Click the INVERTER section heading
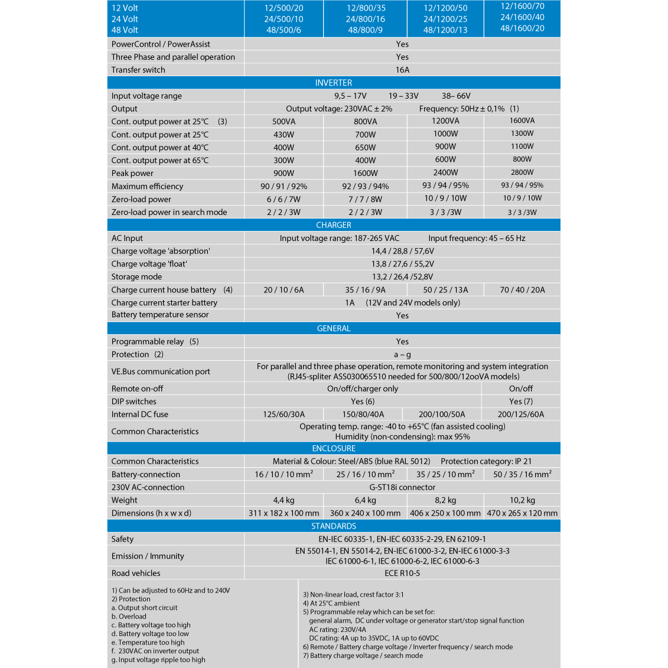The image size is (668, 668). click(x=334, y=83)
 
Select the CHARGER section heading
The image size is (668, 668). click(x=334, y=225)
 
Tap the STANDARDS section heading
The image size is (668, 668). click(x=334, y=526)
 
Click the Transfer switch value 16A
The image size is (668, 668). click(x=402, y=70)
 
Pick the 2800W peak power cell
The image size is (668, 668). click(x=522, y=172)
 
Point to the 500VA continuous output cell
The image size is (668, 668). click(x=284, y=122)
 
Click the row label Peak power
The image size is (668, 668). click(x=132, y=173)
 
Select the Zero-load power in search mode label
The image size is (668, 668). click(x=169, y=212)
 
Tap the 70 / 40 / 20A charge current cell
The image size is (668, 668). click(x=522, y=289)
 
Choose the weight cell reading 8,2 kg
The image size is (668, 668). click(x=445, y=500)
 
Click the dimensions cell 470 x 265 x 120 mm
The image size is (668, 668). click(x=522, y=513)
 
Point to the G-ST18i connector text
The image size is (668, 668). click(x=402, y=487)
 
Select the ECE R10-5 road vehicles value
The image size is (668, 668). click(x=402, y=573)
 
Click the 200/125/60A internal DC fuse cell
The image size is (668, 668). click(x=521, y=414)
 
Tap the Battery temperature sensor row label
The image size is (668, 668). click(x=160, y=315)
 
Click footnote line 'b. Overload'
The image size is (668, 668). click(x=129, y=616)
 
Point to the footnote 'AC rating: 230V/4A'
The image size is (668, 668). click(x=337, y=630)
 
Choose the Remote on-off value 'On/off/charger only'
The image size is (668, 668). click(x=363, y=389)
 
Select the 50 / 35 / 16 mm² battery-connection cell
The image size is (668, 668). click(x=522, y=474)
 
